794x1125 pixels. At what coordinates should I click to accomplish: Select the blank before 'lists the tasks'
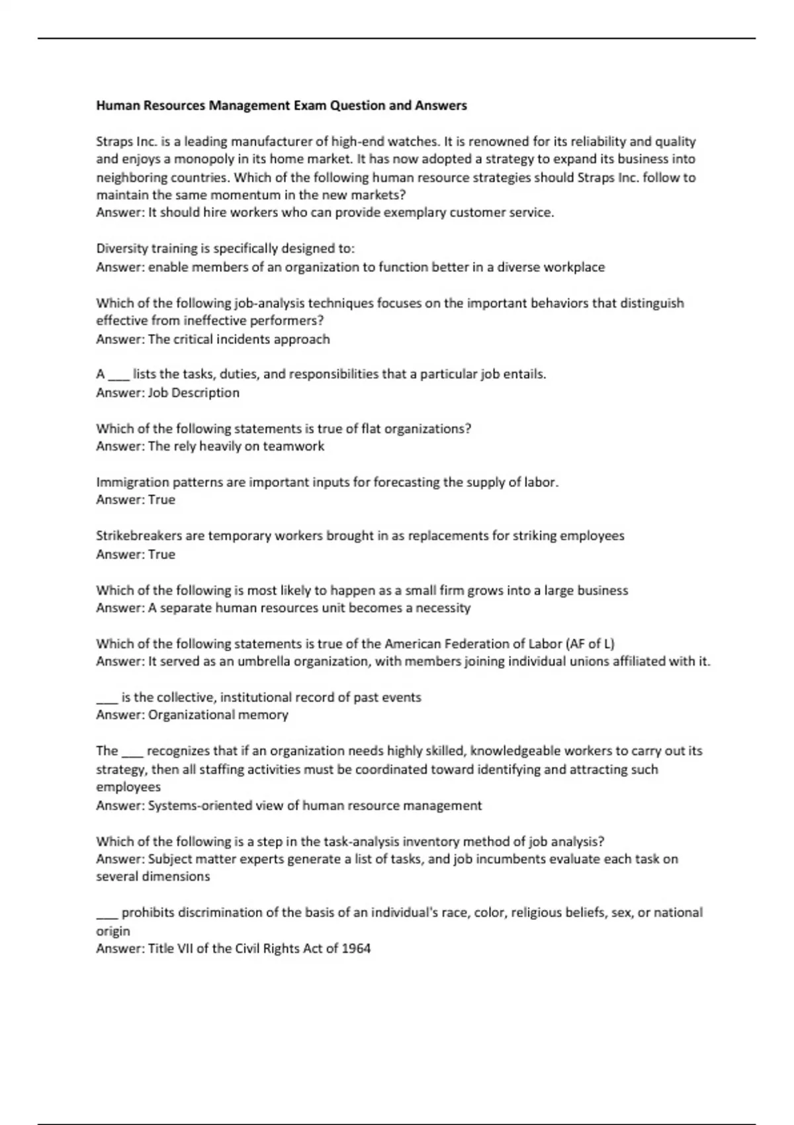(x=118, y=375)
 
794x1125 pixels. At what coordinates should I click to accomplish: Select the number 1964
(x=356, y=948)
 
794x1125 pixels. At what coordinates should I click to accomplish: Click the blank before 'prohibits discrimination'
(x=107, y=914)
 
